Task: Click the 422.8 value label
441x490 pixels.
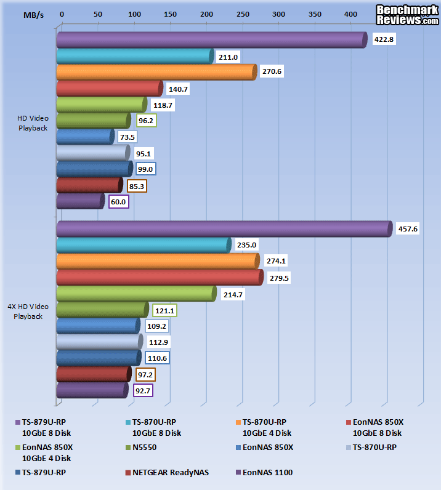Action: [386, 41]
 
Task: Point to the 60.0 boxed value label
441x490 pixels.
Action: [118, 201]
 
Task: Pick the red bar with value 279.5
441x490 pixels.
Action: [159, 277]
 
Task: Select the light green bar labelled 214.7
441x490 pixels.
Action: [136, 293]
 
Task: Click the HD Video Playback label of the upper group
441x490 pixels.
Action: [32, 123]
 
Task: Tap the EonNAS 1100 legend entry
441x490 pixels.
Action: [267, 473]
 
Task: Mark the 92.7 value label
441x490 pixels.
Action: [142, 390]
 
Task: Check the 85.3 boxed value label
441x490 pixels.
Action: [136, 185]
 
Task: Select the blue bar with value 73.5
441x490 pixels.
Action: [85, 137]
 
